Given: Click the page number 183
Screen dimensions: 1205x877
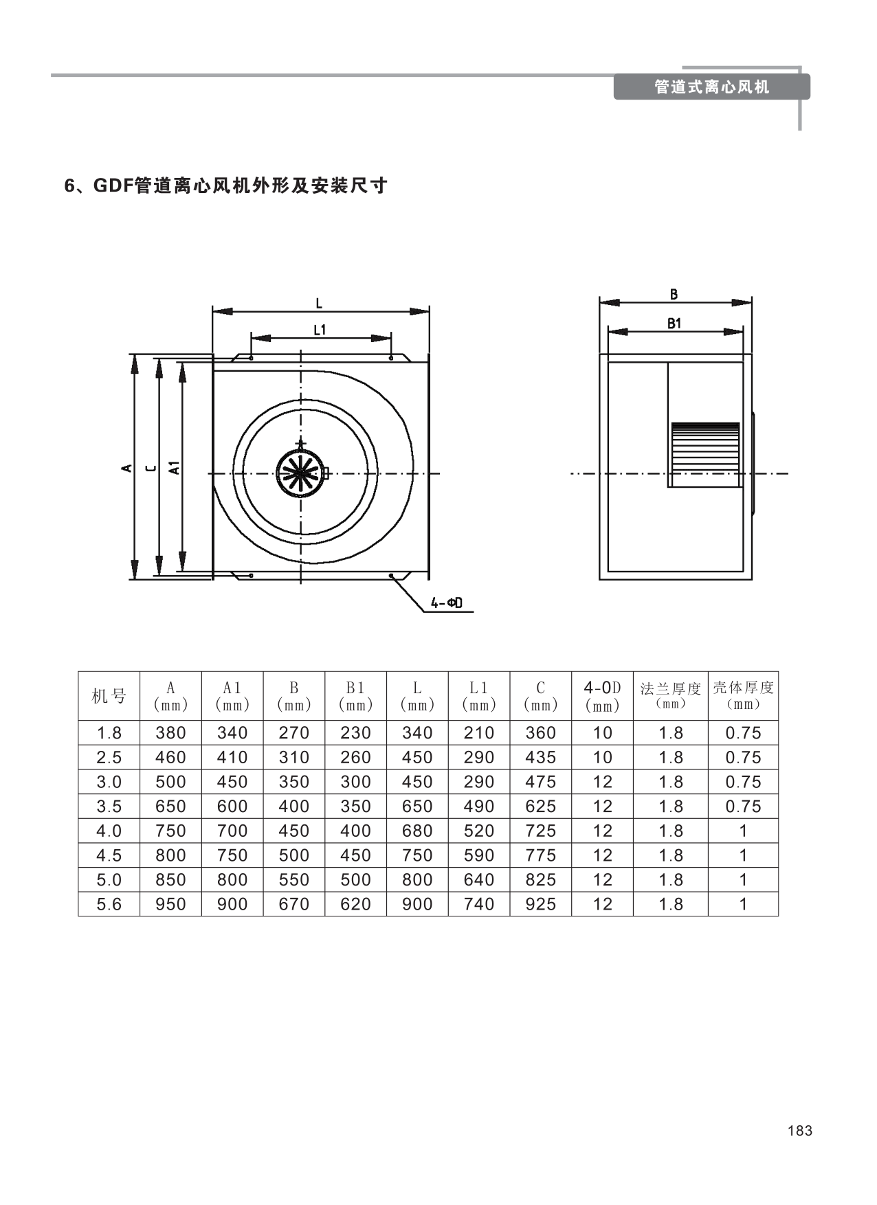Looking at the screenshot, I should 800,1131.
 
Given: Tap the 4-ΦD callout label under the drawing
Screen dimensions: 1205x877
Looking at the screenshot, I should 447,603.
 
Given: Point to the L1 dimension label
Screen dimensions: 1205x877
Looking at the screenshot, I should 320,330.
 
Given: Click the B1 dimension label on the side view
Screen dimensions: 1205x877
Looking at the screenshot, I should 674,324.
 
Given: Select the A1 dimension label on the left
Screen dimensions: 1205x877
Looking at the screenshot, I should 175,468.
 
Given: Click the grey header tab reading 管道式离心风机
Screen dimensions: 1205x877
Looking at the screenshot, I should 711,87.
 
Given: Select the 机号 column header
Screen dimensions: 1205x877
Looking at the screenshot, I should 109,696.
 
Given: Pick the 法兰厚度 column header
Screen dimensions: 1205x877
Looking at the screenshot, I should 670,689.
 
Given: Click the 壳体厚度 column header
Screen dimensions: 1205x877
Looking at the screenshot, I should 743,688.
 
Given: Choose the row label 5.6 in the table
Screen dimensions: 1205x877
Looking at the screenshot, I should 109,904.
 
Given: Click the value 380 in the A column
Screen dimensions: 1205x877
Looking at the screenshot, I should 170,733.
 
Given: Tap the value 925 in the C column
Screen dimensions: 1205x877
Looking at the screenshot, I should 540,904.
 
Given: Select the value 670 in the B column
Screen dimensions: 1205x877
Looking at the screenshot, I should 293,904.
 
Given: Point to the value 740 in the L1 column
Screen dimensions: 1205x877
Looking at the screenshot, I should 478,904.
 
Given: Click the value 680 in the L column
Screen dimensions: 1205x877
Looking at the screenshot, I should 417,831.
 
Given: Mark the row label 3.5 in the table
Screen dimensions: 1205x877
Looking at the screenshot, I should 109,807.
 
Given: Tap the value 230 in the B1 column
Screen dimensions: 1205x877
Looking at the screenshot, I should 355,733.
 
